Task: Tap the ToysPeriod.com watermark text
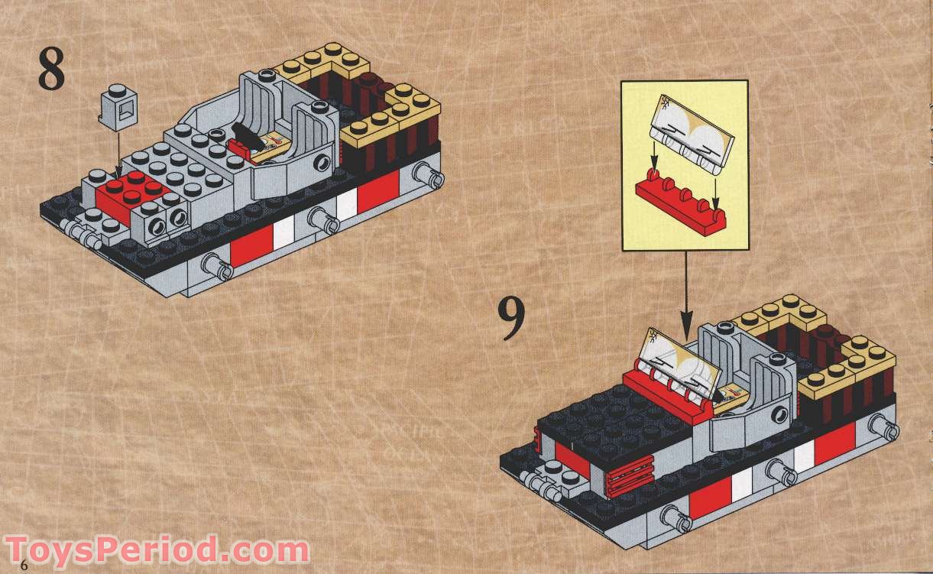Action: click(157, 550)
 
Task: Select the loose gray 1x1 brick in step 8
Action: click(119, 107)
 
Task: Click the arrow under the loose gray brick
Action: click(116, 153)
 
